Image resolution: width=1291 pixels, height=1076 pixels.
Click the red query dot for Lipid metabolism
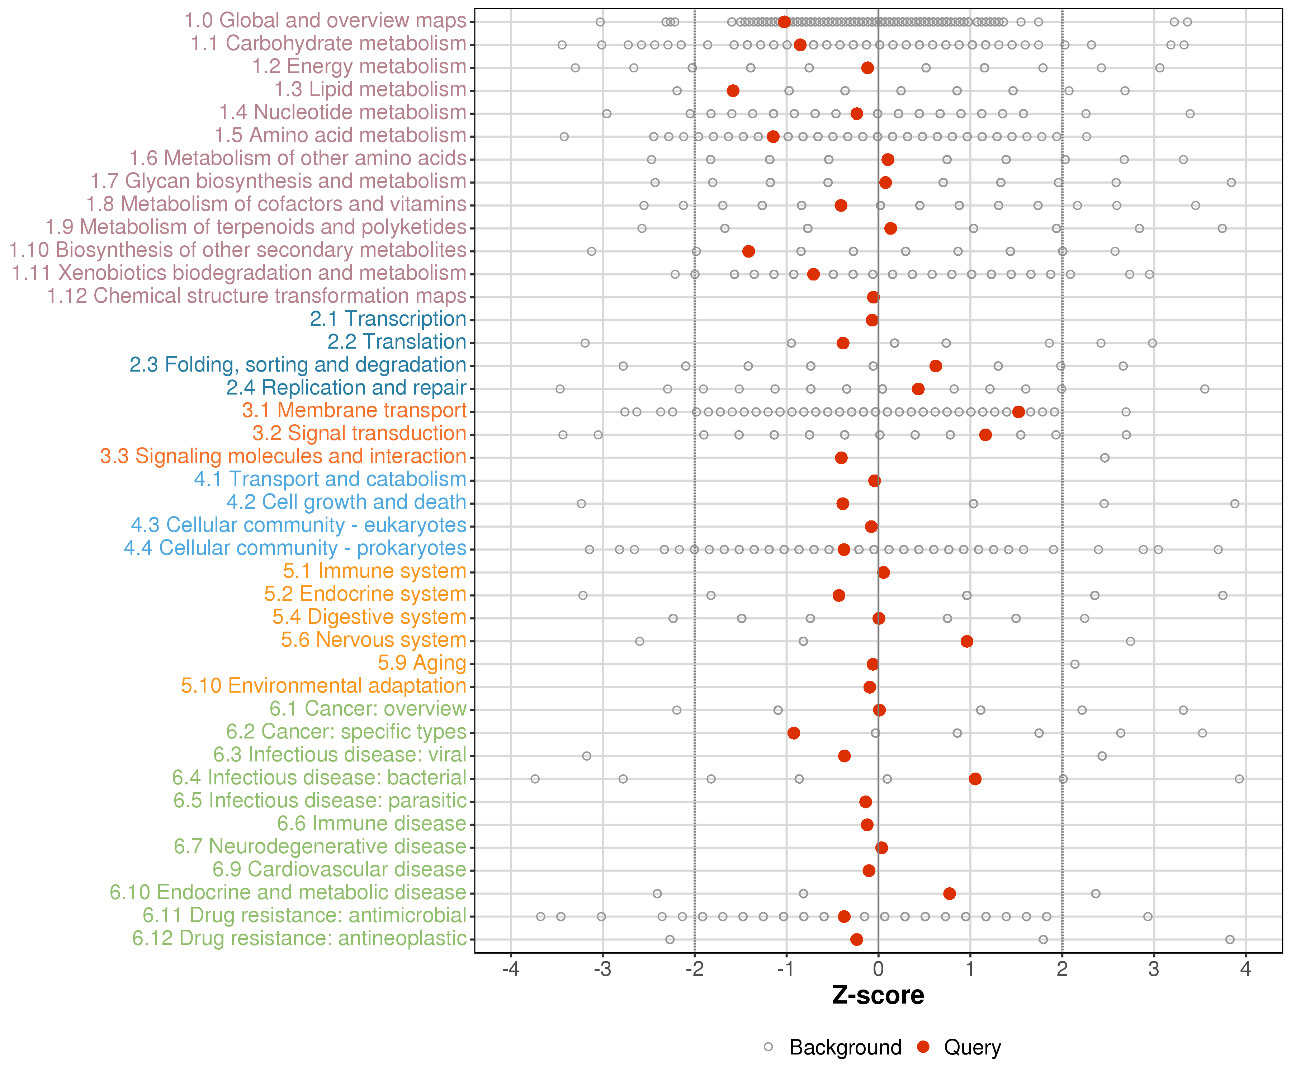click(x=733, y=91)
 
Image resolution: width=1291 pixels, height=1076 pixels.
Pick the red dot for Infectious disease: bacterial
click(x=975, y=779)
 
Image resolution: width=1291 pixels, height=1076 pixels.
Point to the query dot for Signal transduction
click(x=985, y=435)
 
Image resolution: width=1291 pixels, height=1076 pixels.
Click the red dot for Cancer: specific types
click(x=794, y=733)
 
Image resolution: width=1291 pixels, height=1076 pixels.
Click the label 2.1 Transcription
click(x=388, y=319)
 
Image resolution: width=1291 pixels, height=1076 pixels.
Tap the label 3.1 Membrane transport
click(x=354, y=411)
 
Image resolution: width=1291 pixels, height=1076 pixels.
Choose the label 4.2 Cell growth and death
click(x=346, y=502)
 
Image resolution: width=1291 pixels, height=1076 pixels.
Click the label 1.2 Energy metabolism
click(x=359, y=66)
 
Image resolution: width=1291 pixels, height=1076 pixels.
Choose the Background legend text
click(x=845, y=1047)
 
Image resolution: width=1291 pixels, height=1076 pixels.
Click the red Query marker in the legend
click(x=923, y=1047)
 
